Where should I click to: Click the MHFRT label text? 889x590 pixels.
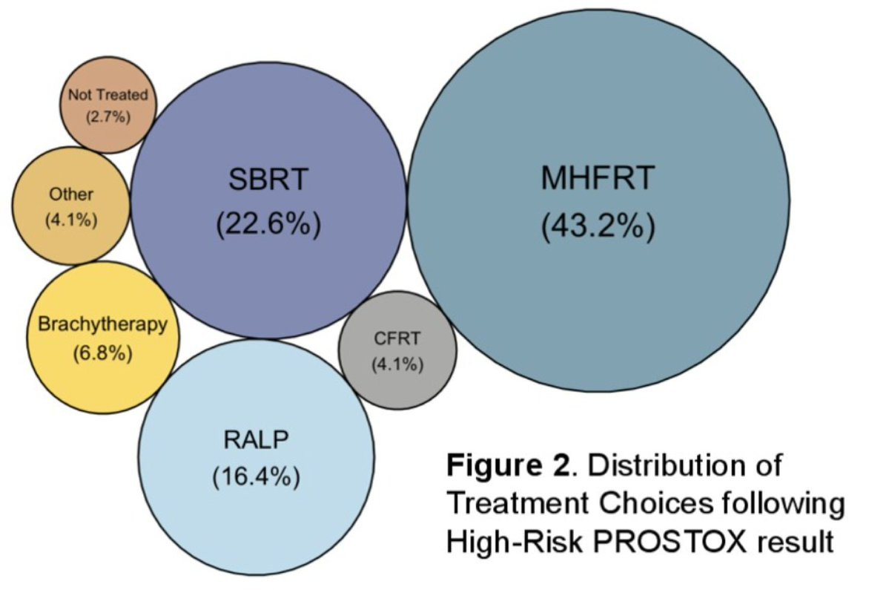598,178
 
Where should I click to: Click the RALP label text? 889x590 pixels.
255,439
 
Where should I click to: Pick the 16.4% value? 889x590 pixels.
255,477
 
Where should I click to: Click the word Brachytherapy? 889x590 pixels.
102,324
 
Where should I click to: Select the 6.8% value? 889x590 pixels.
102,353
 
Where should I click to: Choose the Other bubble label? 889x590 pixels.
71,195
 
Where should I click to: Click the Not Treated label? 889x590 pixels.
108,95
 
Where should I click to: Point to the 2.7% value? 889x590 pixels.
108,117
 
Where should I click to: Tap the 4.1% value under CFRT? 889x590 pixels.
397,364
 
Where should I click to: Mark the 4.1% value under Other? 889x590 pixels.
71,220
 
